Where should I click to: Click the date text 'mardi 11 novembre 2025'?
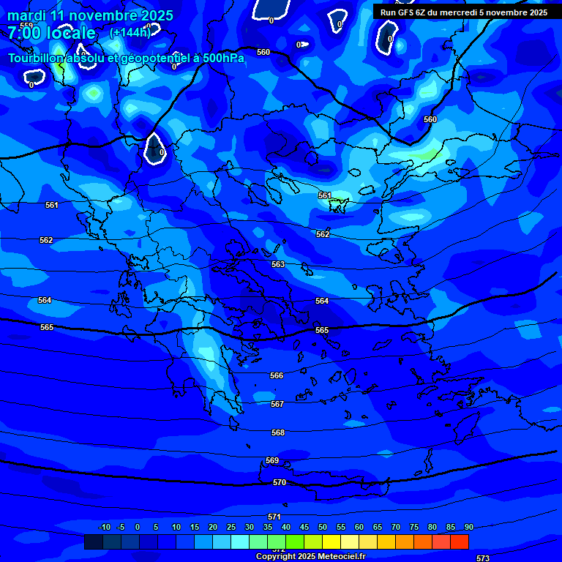pos(90,15)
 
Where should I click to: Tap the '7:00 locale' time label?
pos(51,33)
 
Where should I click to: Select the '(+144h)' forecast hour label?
pos(130,32)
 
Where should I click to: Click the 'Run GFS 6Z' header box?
pos(464,12)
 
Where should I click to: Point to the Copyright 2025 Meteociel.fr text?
pos(310,556)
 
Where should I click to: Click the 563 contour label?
pos(278,264)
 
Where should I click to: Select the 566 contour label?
pos(277,375)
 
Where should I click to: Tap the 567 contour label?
pos(277,404)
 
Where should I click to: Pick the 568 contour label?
pos(278,432)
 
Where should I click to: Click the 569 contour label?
pos(272,460)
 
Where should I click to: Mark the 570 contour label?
pos(280,482)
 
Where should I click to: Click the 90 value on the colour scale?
pos(468,527)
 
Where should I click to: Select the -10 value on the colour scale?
pos(104,527)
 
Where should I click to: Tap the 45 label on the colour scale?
pos(304,527)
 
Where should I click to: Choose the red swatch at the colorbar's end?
pos(459,542)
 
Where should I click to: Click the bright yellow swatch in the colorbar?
pos(331,542)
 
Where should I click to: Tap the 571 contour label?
pos(274,517)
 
